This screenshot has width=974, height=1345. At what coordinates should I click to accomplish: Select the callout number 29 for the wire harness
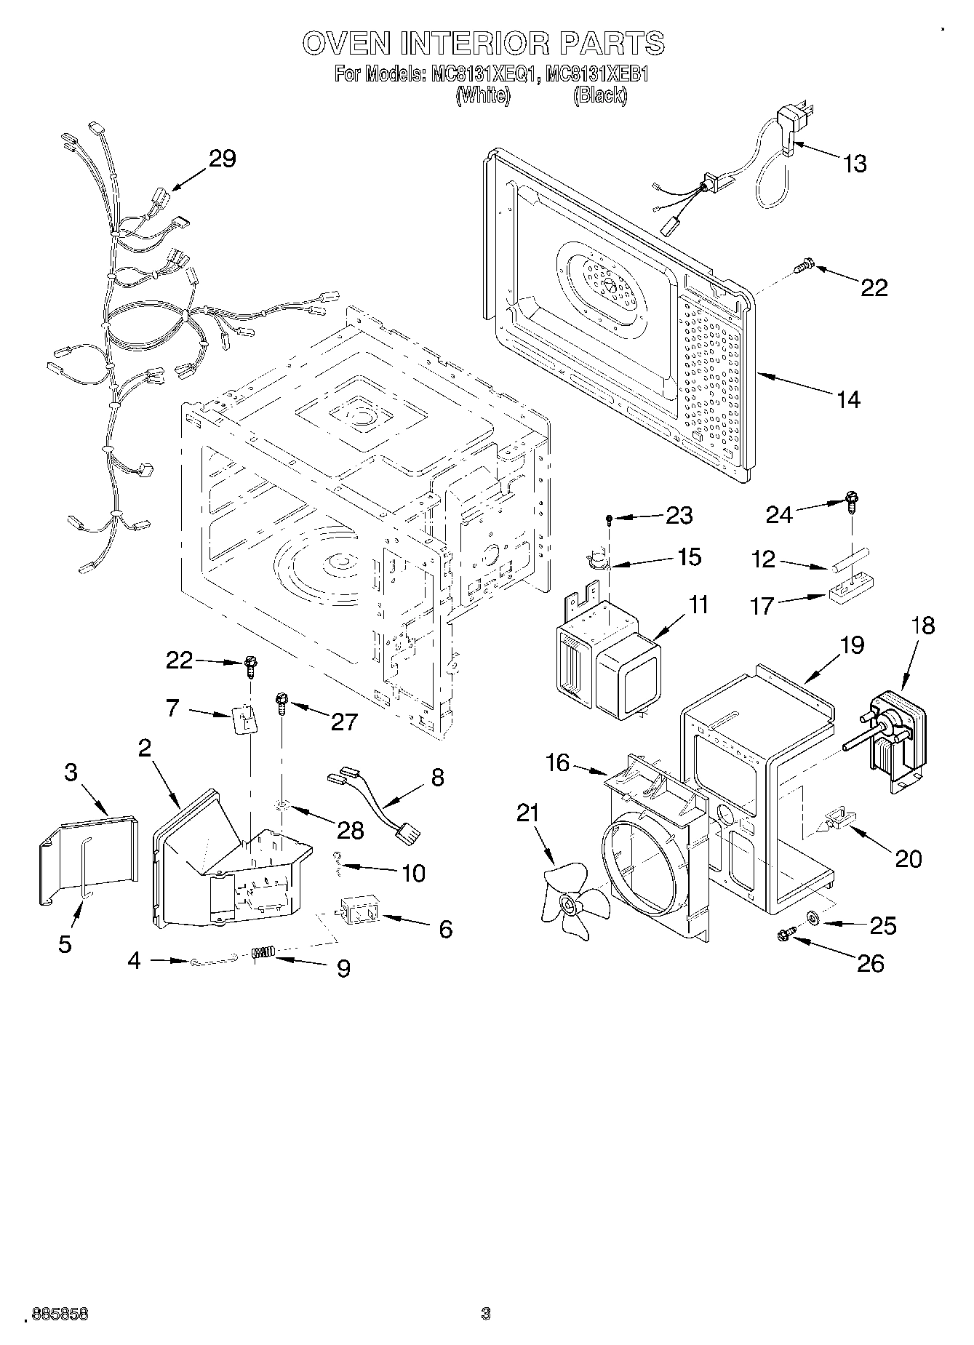(x=223, y=159)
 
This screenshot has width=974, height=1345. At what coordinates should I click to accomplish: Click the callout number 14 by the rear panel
(x=848, y=399)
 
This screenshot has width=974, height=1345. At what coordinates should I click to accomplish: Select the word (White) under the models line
(x=481, y=95)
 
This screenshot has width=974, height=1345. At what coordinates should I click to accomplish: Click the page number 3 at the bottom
(x=486, y=1314)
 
